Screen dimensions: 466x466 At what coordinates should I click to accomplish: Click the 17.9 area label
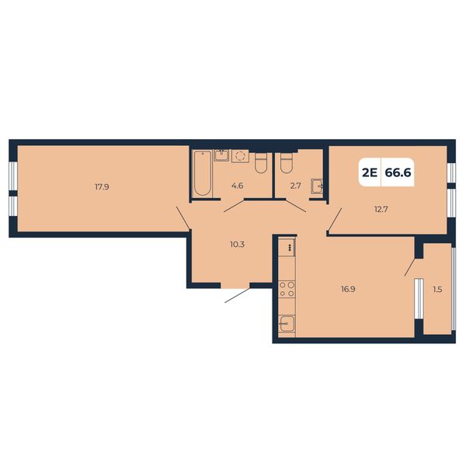tap(102, 187)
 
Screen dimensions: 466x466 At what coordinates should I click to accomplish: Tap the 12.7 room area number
tap(381, 209)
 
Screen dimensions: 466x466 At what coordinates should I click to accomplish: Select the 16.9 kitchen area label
tap(348, 289)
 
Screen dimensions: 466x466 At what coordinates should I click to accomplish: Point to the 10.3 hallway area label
tap(237, 245)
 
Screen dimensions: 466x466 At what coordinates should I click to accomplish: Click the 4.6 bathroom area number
tap(237, 186)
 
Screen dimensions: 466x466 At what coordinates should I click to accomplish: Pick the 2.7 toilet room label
tap(296, 186)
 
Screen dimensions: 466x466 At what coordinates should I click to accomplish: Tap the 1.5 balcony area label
tap(437, 289)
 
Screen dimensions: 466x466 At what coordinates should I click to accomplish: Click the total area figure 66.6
tap(398, 172)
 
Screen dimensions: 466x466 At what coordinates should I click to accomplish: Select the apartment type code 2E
tap(370, 172)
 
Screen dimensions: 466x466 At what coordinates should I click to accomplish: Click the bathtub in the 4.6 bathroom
tap(203, 173)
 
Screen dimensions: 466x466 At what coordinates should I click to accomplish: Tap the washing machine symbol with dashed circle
tap(240, 156)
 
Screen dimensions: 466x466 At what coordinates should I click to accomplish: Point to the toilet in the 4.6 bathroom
tap(261, 163)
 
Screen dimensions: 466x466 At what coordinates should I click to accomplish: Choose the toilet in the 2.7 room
tap(287, 163)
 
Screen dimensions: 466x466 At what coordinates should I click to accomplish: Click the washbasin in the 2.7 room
tap(317, 186)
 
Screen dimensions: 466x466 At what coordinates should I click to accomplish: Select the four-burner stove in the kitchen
tap(287, 290)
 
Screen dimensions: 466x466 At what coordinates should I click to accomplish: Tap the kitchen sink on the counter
tap(287, 323)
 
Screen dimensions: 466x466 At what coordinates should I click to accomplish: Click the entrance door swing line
tap(237, 295)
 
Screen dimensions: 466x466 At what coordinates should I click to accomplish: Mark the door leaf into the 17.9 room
tap(183, 218)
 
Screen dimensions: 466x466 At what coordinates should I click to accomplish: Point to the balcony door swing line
tap(410, 267)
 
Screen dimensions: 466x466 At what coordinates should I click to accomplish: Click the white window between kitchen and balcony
tap(419, 299)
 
